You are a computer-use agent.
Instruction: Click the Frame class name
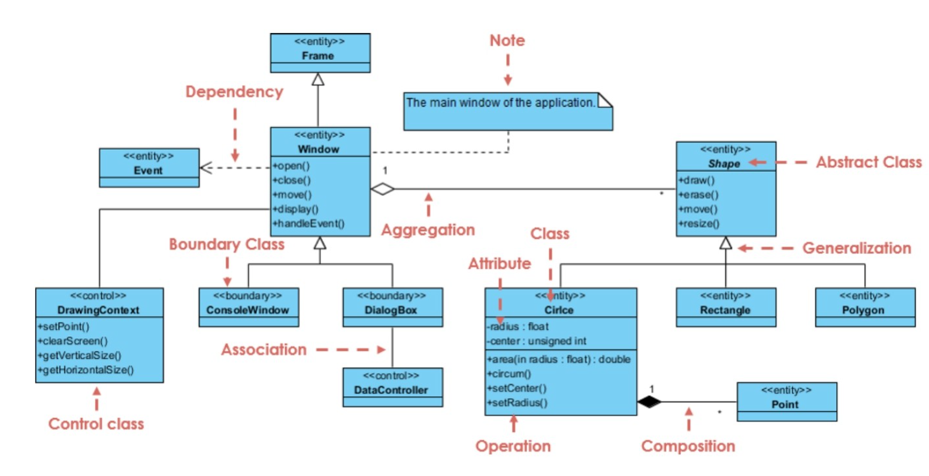point(317,56)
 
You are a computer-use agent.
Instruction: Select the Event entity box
point(149,167)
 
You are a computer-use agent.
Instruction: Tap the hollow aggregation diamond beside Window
point(382,189)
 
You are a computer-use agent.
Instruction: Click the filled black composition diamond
point(649,402)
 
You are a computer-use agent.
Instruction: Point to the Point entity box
point(786,401)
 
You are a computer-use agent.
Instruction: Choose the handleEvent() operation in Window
point(309,223)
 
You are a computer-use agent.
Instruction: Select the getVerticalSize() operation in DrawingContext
point(80,355)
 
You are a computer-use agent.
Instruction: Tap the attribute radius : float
point(518,326)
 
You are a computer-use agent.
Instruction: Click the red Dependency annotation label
point(234,92)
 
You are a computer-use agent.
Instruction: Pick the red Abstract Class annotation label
point(868,162)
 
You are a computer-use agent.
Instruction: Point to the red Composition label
point(688,446)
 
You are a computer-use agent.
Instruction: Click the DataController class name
point(392,390)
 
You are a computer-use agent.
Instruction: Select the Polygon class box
point(864,307)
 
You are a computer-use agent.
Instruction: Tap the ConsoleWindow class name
point(248,310)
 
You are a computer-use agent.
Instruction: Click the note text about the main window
point(500,102)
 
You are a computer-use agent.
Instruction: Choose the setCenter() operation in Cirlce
point(517,388)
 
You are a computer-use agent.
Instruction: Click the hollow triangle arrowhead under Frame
point(318,79)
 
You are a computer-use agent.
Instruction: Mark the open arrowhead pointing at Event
point(205,168)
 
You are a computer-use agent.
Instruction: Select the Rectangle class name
point(725,310)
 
